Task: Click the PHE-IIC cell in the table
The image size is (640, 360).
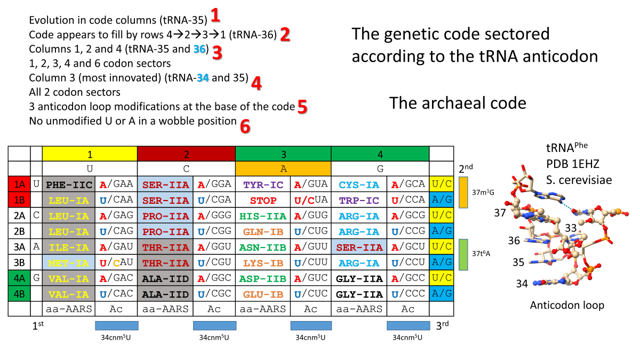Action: (68, 185)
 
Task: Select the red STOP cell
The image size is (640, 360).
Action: (262, 201)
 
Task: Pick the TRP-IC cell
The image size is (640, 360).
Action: (358, 201)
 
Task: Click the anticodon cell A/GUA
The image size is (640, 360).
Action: (310, 185)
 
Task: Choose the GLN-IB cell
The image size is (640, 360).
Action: (262, 232)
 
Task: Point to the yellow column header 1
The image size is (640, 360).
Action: (90, 155)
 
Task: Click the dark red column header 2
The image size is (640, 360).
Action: (186, 155)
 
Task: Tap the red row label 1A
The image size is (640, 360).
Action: (19, 185)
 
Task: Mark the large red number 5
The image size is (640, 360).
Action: (302, 107)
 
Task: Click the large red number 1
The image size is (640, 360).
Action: (215, 15)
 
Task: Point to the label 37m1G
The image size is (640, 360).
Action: (483, 193)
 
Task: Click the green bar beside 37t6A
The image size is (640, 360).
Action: (463, 255)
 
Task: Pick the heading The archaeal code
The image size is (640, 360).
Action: (458, 103)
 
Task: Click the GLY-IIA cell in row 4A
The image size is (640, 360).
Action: (358, 279)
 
